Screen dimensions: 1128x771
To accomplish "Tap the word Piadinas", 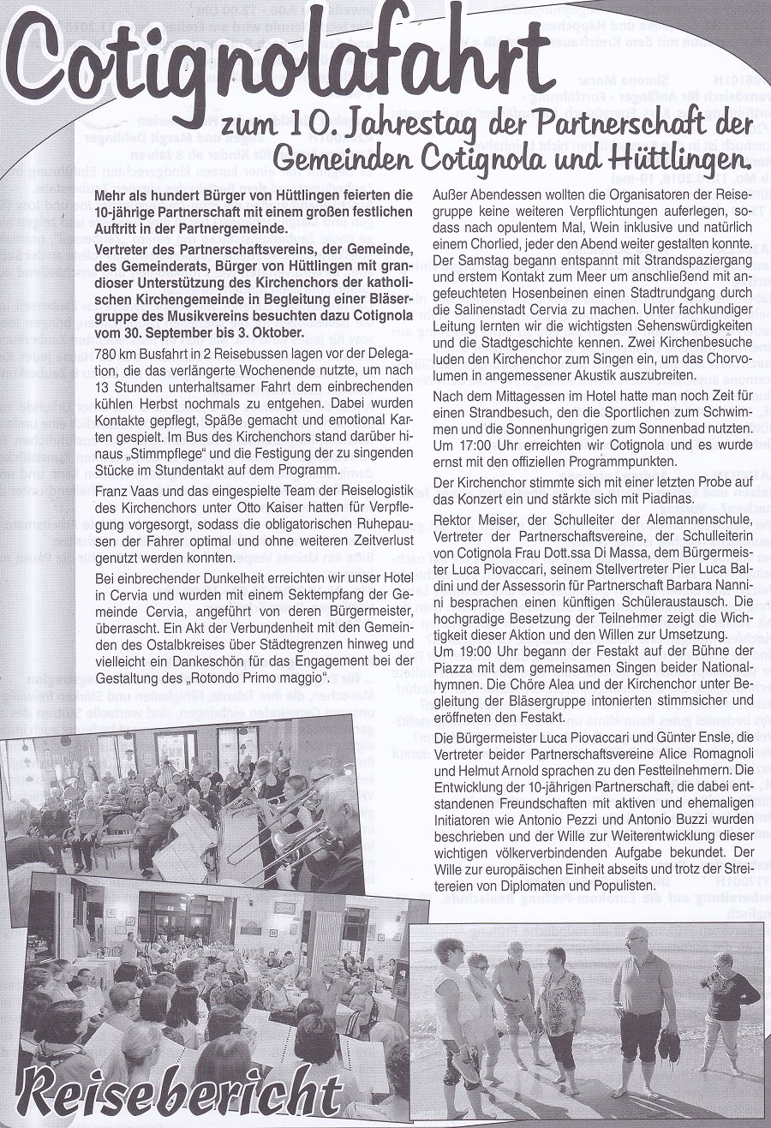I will pyautogui.click(x=634, y=498).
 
